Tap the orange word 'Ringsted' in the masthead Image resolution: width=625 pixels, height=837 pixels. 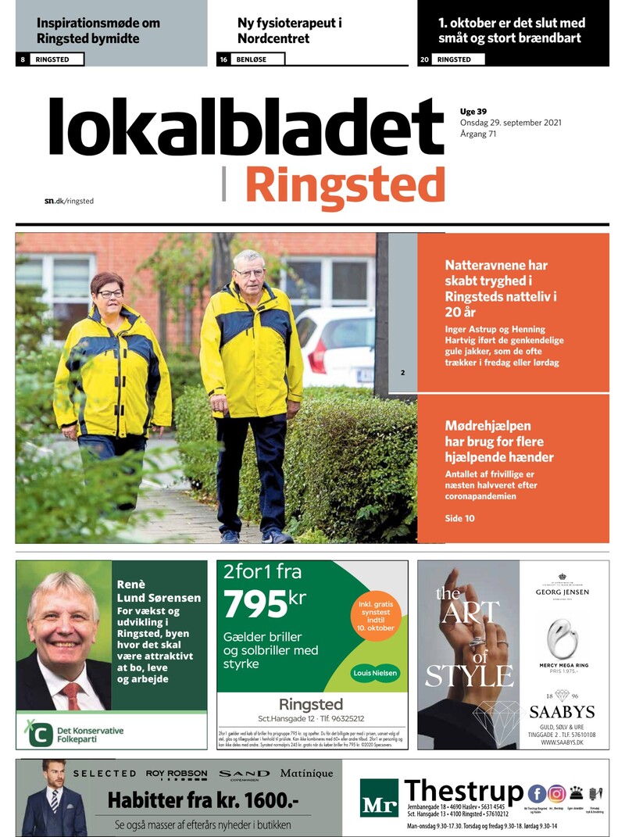(x=345, y=185)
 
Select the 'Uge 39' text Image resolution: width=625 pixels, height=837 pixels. (x=473, y=111)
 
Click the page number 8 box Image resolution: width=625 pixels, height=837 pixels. (x=23, y=59)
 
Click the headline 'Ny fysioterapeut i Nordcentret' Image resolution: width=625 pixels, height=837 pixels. (x=290, y=30)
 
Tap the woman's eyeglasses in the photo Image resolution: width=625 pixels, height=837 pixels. (x=110, y=294)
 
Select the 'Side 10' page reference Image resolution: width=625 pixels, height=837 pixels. (x=459, y=518)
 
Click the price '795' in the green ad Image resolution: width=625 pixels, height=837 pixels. (x=255, y=603)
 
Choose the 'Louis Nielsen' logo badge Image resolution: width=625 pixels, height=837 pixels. (x=374, y=673)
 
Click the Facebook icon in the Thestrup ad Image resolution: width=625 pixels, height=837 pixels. (x=537, y=794)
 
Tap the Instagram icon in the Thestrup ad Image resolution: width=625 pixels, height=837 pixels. (x=557, y=794)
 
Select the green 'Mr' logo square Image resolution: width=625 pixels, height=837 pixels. (x=379, y=798)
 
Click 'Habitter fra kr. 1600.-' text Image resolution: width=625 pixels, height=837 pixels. (x=203, y=800)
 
